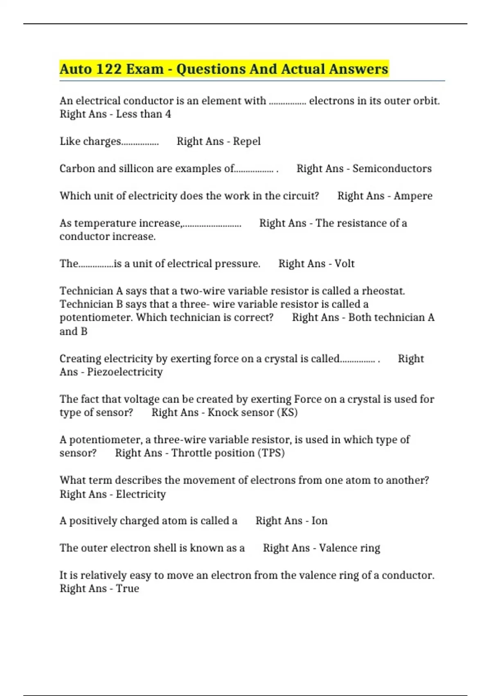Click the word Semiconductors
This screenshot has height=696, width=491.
coord(392,169)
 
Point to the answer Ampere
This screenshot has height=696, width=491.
coord(413,196)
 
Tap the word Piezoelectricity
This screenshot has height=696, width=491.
coord(125,372)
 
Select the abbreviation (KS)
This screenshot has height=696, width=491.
coord(287,412)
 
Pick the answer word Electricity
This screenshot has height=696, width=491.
coord(141,494)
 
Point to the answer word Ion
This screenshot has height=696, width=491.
coord(319,521)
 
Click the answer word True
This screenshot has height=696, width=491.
coord(127,589)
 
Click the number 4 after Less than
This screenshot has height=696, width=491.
coord(168,114)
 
